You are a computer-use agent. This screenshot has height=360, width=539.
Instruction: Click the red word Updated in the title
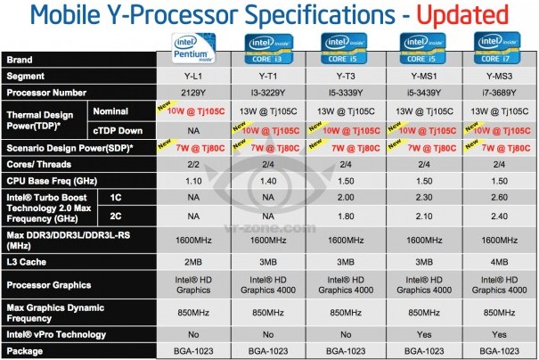[x=462, y=15]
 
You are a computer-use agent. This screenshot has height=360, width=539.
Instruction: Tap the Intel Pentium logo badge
[x=193, y=48]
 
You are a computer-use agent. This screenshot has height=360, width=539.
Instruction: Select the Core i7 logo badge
[x=497, y=48]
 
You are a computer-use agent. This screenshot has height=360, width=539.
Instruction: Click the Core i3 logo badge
[x=268, y=49]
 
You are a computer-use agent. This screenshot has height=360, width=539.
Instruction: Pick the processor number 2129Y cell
[x=193, y=93]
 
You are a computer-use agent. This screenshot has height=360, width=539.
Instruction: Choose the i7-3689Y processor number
[x=499, y=93]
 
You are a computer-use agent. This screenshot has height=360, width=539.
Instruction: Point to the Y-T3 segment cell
[x=346, y=77]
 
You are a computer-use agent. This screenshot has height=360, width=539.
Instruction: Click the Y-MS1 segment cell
[x=424, y=77]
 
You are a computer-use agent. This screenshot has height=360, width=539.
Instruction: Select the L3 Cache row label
[x=27, y=262]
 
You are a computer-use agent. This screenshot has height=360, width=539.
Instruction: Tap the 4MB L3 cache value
[x=499, y=262]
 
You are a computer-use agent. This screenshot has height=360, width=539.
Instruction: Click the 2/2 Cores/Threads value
[x=193, y=164]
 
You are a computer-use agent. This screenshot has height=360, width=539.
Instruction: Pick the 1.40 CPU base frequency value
[x=268, y=181]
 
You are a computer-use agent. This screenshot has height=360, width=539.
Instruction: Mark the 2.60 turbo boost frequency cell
[x=499, y=197]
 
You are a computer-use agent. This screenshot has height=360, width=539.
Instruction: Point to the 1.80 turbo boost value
[x=346, y=217]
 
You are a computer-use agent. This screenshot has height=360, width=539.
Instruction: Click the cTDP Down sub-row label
[x=118, y=131]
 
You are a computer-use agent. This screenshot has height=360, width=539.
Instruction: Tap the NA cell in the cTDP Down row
[x=193, y=131]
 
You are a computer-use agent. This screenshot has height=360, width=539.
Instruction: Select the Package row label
[x=25, y=351]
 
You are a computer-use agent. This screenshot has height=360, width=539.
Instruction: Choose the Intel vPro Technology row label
[x=56, y=334]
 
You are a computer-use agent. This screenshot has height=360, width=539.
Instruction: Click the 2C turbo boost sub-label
[x=116, y=216]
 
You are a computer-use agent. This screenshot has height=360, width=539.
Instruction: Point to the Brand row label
[x=20, y=60]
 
